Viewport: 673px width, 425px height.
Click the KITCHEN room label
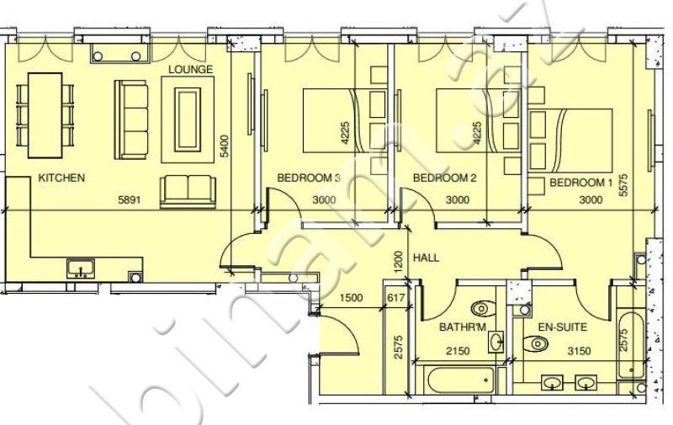click(61, 178)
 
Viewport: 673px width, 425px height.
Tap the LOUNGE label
click(191, 70)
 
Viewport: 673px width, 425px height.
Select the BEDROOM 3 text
click(309, 178)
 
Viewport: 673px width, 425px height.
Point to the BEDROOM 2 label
click(445, 178)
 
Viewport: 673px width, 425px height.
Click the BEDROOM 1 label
click(581, 183)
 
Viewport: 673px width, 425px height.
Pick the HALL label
click(427, 258)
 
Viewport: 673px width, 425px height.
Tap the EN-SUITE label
click(563, 327)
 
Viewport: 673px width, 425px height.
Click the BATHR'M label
click(463, 327)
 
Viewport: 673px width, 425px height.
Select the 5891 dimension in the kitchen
click(130, 199)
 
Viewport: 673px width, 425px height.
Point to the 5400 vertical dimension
click(225, 146)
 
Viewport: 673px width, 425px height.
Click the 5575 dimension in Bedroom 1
click(623, 184)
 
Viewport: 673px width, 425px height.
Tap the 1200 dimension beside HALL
click(398, 262)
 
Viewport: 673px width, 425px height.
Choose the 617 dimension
click(396, 298)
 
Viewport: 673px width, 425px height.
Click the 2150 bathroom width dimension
click(458, 351)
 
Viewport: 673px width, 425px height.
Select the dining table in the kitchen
click(45, 115)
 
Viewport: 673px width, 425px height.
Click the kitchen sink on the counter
click(81, 268)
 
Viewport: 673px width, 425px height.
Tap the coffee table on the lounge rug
click(188, 120)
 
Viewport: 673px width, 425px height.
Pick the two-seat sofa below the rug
click(188, 192)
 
